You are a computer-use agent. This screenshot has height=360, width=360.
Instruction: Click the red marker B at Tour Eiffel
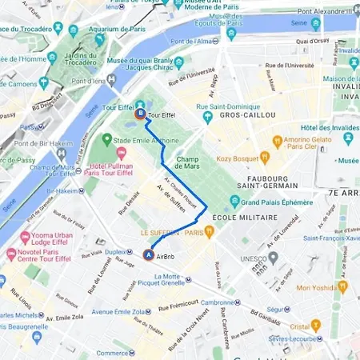click(141, 114)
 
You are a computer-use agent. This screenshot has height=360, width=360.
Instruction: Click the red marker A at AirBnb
click(148, 255)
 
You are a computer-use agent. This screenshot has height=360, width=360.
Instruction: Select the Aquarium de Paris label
click(117, 30)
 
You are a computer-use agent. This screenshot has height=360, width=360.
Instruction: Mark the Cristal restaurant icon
click(316, 326)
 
